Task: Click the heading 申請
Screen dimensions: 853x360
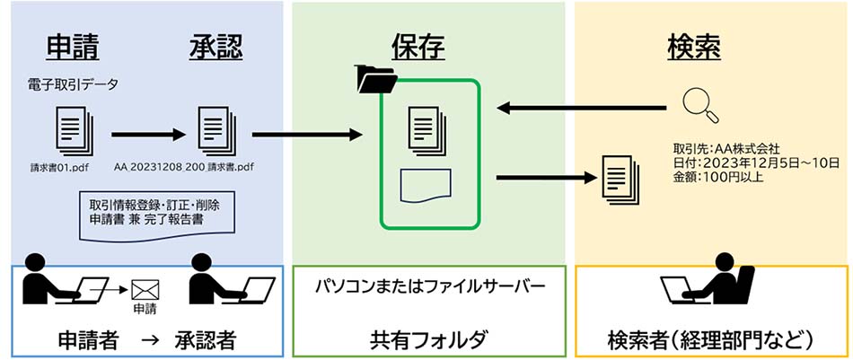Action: tap(73, 48)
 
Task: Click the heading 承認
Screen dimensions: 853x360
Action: tap(216, 48)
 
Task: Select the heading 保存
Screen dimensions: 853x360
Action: tap(418, 48)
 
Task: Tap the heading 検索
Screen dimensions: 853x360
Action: tap(693, 48)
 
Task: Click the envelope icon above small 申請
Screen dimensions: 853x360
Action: tap(145, 290)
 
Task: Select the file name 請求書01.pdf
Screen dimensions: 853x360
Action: tap(60, 166)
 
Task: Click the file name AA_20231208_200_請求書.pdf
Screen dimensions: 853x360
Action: tap(184, 166)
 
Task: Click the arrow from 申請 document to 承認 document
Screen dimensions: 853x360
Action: tap(148, 135)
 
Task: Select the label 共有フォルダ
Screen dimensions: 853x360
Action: tap(429, 340)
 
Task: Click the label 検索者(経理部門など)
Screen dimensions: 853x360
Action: tap(710, 340)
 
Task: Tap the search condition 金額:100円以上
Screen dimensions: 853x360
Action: tap(713, 176)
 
